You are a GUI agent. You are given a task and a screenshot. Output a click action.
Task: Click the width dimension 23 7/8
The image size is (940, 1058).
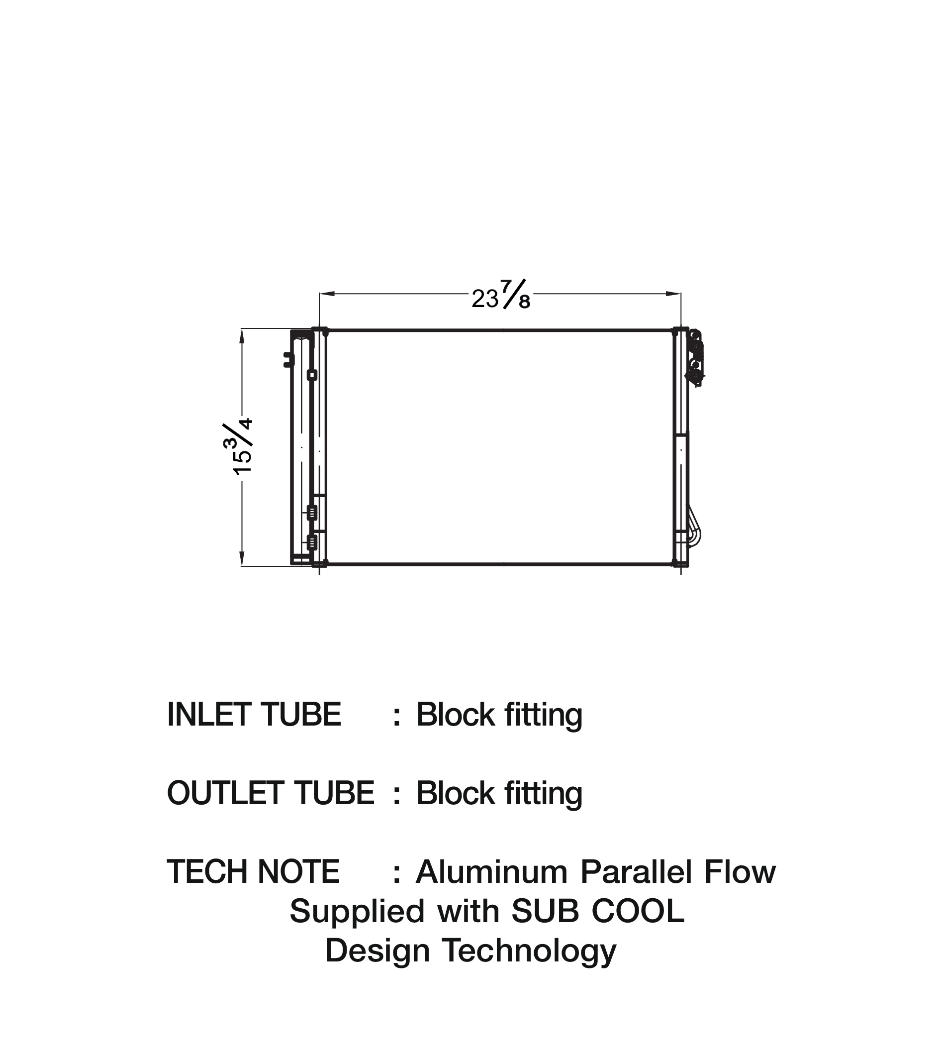(501, 296)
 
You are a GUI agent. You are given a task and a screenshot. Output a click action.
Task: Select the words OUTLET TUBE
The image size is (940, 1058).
(271, 793)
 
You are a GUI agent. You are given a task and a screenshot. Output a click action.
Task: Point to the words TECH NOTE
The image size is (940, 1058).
(253, 872)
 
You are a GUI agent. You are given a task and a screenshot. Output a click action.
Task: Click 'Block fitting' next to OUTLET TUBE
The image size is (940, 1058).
(499, 793)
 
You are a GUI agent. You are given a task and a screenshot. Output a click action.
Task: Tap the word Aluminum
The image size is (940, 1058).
(491, 872)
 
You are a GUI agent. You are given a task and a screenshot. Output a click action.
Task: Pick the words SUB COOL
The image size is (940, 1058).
(597, 912)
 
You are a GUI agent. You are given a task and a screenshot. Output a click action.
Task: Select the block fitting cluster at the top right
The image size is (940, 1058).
(695, 357)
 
